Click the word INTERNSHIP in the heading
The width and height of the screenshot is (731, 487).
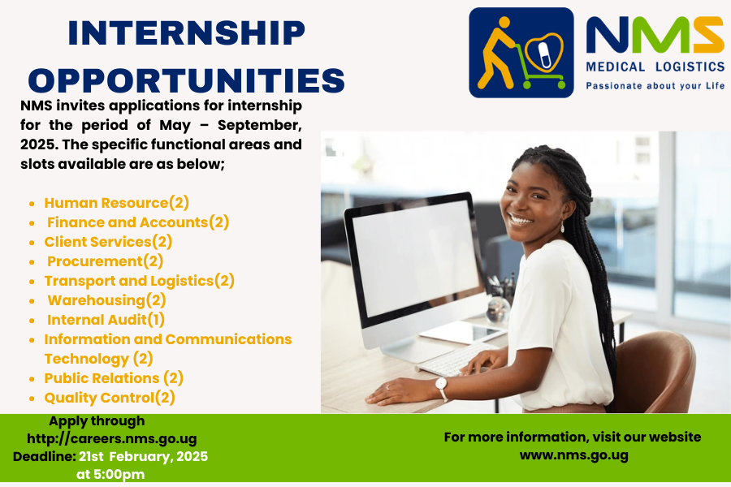(187, 32)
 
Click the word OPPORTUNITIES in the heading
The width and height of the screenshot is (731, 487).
(187, 80)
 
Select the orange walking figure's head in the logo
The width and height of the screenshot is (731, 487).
(504, 23)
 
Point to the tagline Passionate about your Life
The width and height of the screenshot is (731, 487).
(655, 86)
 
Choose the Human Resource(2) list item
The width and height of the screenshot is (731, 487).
(116, 203)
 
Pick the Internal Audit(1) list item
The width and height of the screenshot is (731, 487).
(106, 320)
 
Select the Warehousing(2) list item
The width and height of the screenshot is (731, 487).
(106, 300)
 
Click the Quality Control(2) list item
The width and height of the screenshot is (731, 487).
(110, 398)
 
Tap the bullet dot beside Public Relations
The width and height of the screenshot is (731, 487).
(32, 379)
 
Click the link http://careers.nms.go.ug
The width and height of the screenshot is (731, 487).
(112, 438)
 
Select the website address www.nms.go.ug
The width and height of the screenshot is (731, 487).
(574, 455)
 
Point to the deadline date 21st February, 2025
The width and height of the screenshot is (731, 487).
(143, 456)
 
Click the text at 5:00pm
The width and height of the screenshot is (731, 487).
(110, 474)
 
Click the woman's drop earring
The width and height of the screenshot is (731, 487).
(562, 228)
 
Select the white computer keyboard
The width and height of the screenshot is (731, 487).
(456, 359)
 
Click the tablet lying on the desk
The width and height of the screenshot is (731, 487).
(461, 332)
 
